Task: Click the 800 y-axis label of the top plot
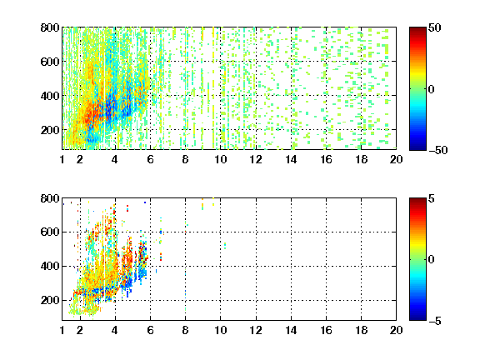click(x=50, y=27)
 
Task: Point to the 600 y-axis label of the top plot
click(x=50, y=62)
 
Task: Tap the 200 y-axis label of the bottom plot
click(x=50, y=300)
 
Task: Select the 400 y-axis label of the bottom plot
click(x=50, y=266)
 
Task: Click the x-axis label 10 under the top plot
click(x=220, y=159)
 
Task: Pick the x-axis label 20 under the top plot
click(x=396, y=159)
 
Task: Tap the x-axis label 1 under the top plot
click(x=62, y=159)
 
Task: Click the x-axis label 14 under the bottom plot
click(x=291, y=330)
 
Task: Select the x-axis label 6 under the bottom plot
click(x=150, y=330)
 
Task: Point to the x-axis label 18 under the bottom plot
click(x=361, y=330)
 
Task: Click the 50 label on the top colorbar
click(x=434, y=27)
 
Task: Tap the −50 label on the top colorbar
click(x=437, y=150)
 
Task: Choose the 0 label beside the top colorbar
click(x=431, y=89)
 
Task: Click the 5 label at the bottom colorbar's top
click(x=431, y=198)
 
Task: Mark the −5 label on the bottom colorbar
click(x=434, y=321)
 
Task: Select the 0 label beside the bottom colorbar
click(x=431, y=260)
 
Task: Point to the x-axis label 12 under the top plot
click(x=256, y=159)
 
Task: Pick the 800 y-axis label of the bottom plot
click(x=50, y=198)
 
